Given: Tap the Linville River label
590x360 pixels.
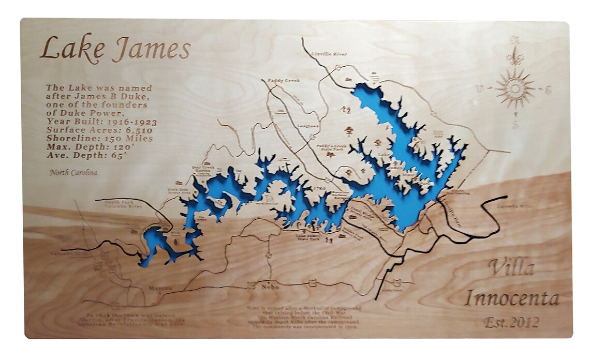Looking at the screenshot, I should tap(326, 53).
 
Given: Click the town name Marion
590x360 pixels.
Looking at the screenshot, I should tap(159, 288).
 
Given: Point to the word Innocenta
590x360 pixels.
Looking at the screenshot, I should tap(511, 298).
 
